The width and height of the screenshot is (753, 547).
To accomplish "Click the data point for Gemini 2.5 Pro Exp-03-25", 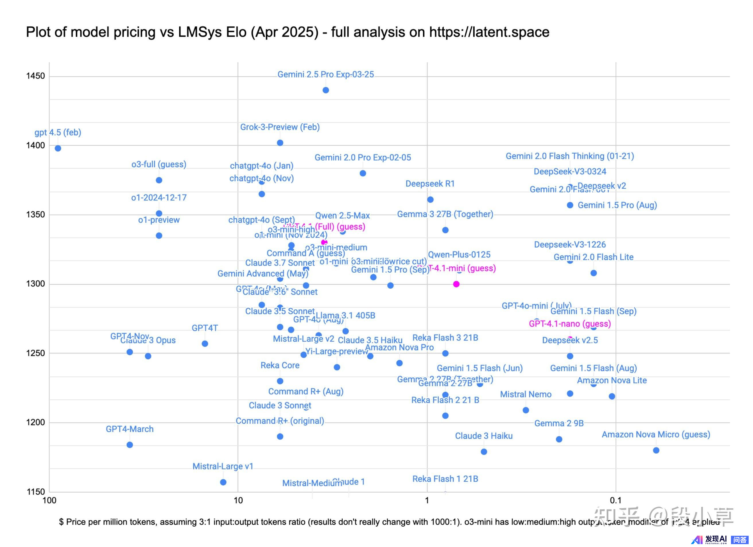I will [326, 90].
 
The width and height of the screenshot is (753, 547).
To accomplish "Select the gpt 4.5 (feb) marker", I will [58, 148].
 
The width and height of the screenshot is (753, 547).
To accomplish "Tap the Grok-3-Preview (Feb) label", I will [280, 127].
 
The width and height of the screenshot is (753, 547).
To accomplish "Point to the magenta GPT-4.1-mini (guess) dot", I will [456, 284].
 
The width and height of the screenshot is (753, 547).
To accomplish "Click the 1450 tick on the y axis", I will [35, 76].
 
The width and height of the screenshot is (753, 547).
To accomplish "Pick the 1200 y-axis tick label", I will [35, 423].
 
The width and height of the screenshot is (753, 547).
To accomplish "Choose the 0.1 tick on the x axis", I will [616, 501].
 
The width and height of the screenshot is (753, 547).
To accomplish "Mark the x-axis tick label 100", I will [49, 501].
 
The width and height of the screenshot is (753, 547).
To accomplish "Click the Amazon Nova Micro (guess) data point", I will [656, 450].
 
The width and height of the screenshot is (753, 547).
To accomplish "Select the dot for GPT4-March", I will [130, 445].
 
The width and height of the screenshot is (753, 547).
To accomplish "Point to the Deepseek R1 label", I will [430, 184].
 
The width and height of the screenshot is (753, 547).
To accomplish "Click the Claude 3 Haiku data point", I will [484, 452].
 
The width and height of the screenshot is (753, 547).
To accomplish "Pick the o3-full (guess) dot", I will [159, 180].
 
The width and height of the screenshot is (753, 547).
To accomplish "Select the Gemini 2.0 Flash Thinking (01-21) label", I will [570, 156].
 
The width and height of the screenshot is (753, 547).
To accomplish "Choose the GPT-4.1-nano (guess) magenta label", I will [570, 324].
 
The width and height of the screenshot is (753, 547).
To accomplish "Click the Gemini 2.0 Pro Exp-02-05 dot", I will [363, 173].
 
